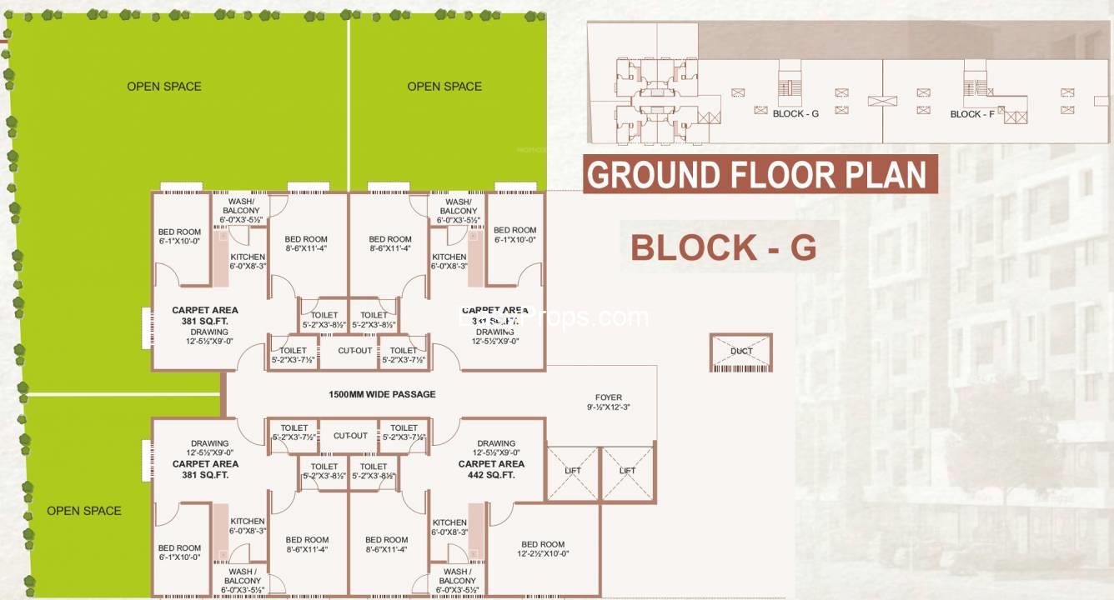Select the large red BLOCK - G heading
[723, 247]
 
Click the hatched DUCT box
[741, 352]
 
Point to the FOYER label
[608, 397]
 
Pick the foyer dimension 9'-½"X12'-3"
[608, 408]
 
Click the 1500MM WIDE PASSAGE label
[382, 394]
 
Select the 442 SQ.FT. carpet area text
[491, 475]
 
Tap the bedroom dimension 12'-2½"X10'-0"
[543, 553]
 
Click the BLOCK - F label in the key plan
[971, 114]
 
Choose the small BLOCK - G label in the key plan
[795, 113]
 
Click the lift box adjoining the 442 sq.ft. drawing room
[572, 472]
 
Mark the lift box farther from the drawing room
[628, 472]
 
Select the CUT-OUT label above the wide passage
[355, 351]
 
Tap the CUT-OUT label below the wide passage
[350, 436]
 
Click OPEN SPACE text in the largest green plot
[163, 87]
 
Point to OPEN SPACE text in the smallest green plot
[83, 511]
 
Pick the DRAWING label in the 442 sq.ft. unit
[496, 443]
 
